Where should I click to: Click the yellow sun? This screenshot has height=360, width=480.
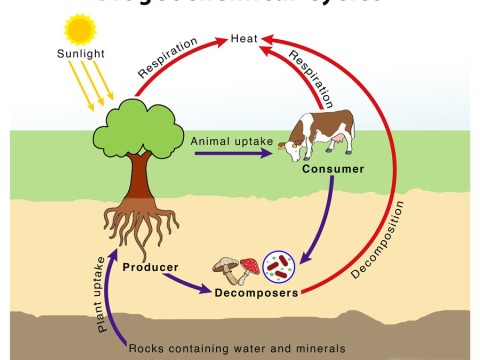(x=77, y=28)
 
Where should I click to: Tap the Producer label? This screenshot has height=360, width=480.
(x=150, y=267)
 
